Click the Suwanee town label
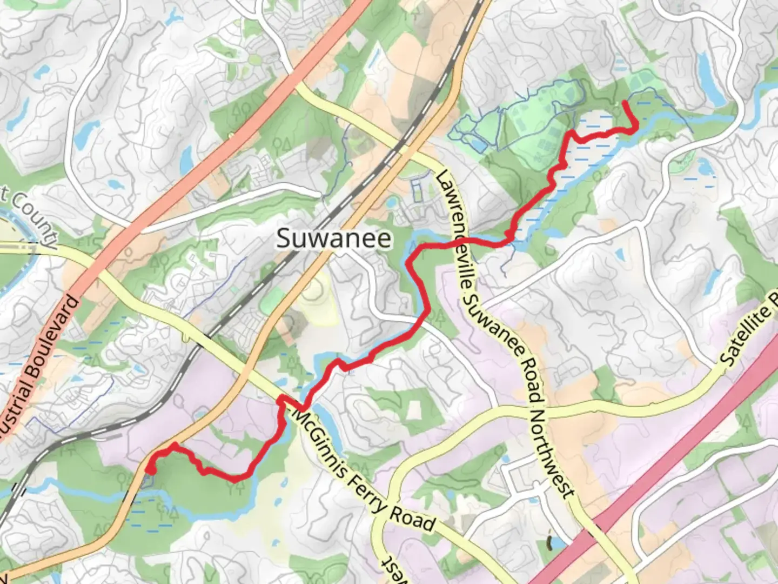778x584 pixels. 333,238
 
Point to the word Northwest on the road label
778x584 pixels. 551,452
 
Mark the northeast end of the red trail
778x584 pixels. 626,102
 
